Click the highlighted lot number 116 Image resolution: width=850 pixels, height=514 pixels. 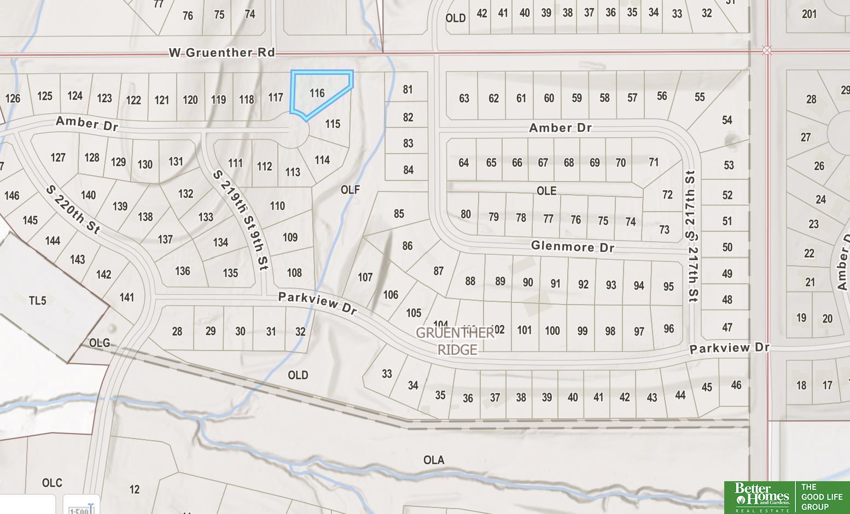point(317,93)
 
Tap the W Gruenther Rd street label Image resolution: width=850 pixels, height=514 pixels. point(222,52)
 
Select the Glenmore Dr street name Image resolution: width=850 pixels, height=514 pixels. point(572,247)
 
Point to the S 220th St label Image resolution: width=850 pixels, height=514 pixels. point(73,209)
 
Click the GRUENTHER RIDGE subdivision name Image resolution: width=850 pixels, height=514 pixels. point(456,341)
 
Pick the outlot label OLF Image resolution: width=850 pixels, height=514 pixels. point(350,190)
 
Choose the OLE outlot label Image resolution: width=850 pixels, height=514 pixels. point(546,191)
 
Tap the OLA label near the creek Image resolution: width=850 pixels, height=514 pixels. point(434,460)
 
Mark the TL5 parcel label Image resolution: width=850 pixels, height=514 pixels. point(37,300)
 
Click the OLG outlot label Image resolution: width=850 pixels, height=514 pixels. point(99,343)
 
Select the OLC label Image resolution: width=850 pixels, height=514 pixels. point(52,483)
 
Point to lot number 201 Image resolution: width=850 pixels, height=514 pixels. point(809,14)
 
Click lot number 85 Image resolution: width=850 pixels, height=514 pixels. point(399,214)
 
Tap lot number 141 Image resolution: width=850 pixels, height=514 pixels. point(126,297)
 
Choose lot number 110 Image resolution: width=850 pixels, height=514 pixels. point(277,206)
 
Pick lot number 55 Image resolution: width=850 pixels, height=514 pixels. point(700,97)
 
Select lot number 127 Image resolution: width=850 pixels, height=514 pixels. point(58,157)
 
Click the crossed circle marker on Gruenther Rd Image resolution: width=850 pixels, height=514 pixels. point(767,50)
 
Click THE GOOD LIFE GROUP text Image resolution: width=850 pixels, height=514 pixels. point(822,497)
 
